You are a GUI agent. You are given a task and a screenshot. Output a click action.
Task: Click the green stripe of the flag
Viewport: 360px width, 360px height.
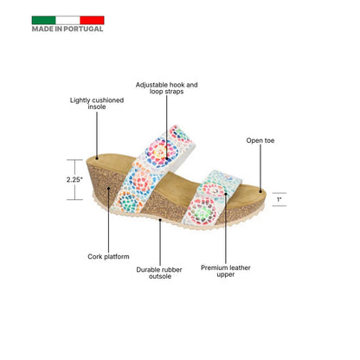(43, 20)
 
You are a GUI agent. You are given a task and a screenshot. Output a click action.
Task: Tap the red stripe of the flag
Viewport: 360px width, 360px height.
(92, 20)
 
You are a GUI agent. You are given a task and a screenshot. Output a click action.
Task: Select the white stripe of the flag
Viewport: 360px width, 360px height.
(67, 20)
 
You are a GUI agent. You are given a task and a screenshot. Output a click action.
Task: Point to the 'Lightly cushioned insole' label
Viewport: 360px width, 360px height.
(97, 103)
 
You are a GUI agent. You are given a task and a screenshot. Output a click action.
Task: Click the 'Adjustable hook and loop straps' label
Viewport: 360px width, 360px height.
(166, 88)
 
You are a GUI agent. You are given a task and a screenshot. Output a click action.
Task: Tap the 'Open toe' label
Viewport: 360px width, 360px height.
(260, 140)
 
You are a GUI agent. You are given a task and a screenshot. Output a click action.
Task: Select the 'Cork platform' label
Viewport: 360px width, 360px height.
(108, 256)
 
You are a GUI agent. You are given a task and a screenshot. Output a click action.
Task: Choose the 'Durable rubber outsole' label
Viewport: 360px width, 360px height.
(159, 273)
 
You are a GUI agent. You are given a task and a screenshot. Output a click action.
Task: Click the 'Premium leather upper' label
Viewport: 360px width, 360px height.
(226, 271)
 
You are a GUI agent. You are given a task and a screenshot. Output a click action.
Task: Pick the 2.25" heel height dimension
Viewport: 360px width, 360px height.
(74, 179)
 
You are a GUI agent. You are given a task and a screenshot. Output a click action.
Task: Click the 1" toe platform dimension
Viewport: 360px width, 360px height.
(279, 199)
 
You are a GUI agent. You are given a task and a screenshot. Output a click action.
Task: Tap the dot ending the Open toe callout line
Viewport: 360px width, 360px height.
(260, 191)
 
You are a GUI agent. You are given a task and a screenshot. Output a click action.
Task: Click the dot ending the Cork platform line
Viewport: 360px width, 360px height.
(108, 189)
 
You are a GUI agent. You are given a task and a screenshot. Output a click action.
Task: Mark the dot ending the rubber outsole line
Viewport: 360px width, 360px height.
(160, 220)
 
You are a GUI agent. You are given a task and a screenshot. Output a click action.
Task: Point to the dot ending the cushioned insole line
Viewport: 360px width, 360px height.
(97, 157)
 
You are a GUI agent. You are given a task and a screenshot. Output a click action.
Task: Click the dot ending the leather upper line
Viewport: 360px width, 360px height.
(226, 194)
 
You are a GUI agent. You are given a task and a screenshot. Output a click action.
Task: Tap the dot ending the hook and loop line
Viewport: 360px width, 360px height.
(167, 158)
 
